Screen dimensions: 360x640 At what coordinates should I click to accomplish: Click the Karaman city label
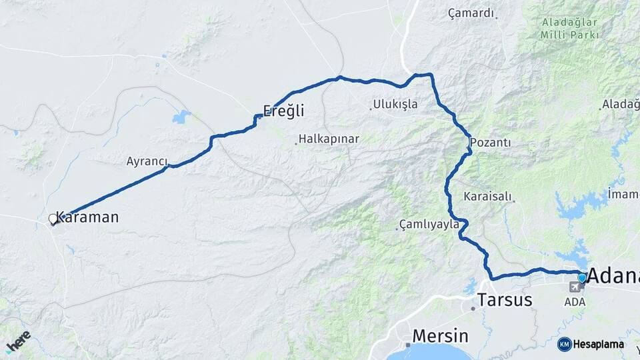point(88,217)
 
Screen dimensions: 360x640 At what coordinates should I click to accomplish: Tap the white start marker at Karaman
point(53,219)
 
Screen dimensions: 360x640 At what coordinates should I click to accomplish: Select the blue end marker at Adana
point(582,278)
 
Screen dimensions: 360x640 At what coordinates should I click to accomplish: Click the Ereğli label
point(283,111)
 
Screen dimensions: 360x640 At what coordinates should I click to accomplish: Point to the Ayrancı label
point(147,161)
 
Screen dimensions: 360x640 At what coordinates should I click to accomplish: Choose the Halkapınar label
point(329,139)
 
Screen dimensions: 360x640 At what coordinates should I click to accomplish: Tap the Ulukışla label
point(395,104)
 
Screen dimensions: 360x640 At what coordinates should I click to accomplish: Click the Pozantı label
point(490,143)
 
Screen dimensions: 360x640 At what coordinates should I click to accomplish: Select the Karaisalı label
point(487,197)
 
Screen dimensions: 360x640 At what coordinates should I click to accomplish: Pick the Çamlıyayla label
point(429,224)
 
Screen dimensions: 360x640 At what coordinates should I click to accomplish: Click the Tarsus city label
point(505,300)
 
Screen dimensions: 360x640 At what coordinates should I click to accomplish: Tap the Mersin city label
point(440,335)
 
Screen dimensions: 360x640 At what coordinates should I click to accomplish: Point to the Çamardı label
point(471,13)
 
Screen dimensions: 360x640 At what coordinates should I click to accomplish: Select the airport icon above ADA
point(574,287)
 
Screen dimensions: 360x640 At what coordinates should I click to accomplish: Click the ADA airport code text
point(575,301)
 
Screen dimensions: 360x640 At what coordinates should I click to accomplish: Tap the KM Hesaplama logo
point(591,344)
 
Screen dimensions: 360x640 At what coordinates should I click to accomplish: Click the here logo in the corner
point(17,341)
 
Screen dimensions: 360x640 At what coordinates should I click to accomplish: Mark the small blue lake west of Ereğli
point(181,117)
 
